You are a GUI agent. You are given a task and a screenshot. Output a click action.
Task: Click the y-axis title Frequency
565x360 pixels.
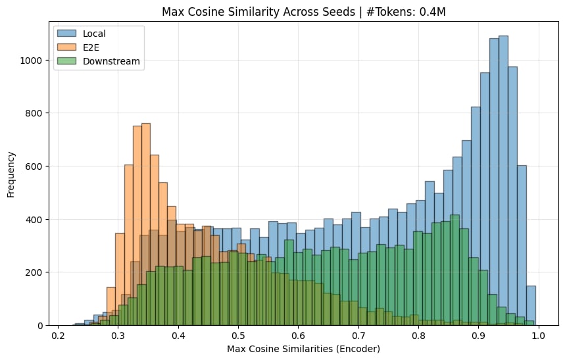click(11, 174)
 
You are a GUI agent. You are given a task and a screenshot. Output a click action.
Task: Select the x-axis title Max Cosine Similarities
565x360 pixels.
click(299, 348)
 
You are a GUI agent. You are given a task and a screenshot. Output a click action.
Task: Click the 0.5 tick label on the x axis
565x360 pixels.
click(238, 334)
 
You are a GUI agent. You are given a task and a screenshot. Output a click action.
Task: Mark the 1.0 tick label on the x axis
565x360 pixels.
click(539, 334)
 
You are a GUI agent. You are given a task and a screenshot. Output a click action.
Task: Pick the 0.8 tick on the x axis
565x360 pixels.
click(418, 334)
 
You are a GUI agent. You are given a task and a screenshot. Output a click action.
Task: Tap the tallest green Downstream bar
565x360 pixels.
click(454, 270)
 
